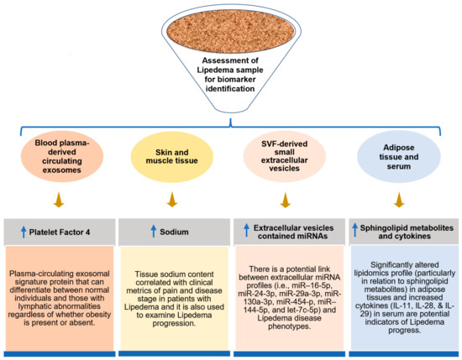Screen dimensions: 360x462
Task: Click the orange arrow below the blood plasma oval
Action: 60,201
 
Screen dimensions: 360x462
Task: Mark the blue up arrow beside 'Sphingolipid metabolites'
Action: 354,227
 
